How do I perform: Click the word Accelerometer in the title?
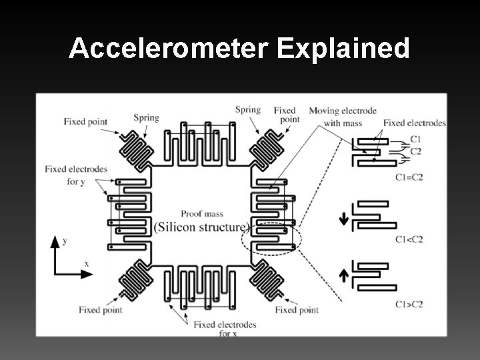coord(159,48)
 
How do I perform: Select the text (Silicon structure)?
coord(201,227)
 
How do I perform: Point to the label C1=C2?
coord(408,177)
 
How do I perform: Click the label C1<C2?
coord(408,239)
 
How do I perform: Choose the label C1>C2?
coord(408,304)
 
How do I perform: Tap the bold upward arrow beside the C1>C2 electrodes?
coord(344,273)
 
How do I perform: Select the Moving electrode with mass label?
coord(343,115)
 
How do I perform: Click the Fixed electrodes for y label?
coord(75,175)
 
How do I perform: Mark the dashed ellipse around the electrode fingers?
coord(274,237)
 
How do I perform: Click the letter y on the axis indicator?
coord(64,240)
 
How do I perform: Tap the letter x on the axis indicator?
coord(86,264)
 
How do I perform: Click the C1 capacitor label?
coord(416,139)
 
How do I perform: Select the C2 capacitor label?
coord(416,151)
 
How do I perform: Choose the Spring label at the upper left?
coord(146,119)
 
